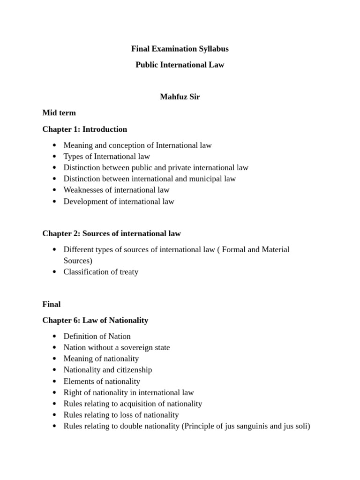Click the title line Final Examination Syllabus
[180, 49]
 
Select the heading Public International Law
[180, 65]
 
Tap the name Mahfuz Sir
[180, 97]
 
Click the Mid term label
[59, 113]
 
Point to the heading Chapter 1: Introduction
[85, 129]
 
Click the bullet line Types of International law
[107, 157]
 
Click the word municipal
[204, 179]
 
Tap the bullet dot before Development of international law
[55, 202]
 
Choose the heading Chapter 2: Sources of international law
[112, 233]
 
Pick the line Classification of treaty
[101, 272]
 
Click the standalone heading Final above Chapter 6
[52, 304]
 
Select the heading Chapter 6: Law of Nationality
[95, 320]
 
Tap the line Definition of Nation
[97, 336]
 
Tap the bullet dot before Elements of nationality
[55, 382]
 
